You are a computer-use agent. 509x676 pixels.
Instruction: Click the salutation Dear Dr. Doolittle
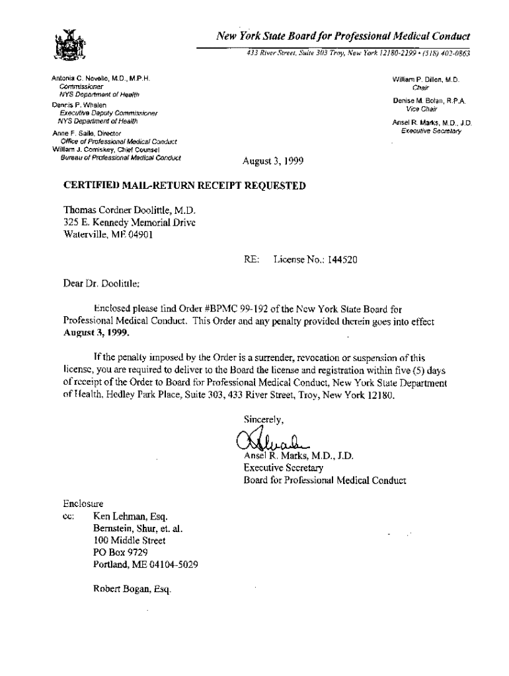(101, 284)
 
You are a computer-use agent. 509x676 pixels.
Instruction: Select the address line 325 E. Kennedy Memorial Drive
(129, 222)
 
